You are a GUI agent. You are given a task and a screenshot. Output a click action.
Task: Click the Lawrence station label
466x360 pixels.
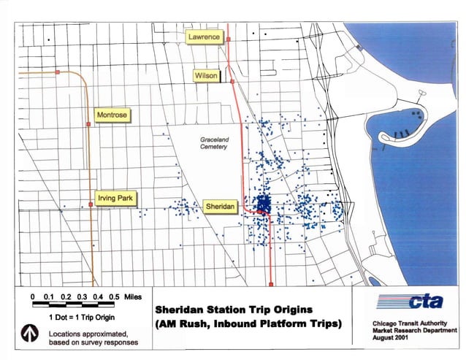point(204,37)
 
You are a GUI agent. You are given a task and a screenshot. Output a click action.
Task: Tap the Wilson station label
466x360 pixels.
point(205,76)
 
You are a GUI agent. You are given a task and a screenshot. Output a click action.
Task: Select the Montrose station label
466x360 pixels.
point(112,115)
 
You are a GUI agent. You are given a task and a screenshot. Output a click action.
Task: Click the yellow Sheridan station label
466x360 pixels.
point(221,207)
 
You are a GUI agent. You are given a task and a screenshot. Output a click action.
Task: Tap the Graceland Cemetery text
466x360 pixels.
point(214,143)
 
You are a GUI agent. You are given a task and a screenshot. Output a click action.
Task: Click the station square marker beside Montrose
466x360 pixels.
point(88,124)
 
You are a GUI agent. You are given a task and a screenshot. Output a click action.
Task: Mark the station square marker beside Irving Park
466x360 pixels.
point(89,205)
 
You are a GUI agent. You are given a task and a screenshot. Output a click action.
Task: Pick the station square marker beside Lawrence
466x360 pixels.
point(227,37)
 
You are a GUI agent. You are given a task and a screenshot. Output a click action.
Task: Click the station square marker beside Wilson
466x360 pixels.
point(232,82)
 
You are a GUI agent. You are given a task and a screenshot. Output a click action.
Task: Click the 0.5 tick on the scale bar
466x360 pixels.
point(115,296)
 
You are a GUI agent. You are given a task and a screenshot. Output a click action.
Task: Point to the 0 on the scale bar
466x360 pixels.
point(34,296)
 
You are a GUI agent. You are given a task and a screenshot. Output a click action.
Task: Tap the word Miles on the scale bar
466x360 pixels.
point(132,296)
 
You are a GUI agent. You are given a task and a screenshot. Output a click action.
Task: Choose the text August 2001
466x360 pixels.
point(390,337)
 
